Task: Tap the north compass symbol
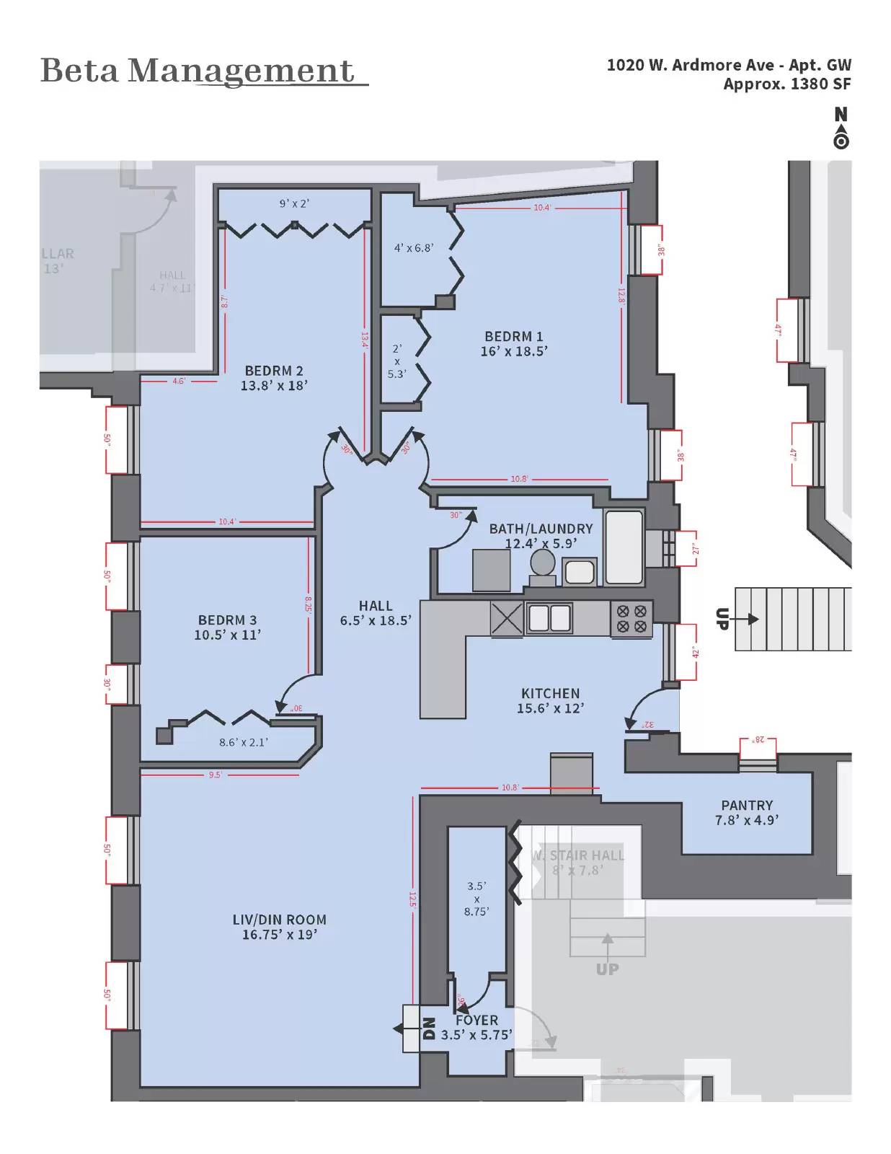pyautogui.click(x=841, y=129)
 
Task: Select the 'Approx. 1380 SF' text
pyautogui.click(x=786, y=84)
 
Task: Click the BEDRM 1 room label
pyautogui.click(x=513, y=336)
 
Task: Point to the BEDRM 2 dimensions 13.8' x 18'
pyautogui.click(x=274, y=386)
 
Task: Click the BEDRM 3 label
pyautogui.click(x=227, y=620)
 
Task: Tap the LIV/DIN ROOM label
pyautogui.click(x=279, y=920)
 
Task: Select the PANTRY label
pyautogui.click(x=746, y=805)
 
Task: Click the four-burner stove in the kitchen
pyautogui.click(x=631, y=620)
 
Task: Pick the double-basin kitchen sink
pyautogui.click(x=549, y=618)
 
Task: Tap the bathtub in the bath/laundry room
pyautogui.click(x=624, y=547)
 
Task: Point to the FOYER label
pyautogui.click(x=476, y=1020)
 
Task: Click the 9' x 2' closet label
pyautogui.click(x=294, y=204)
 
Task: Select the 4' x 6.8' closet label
pyautogui.click(x=414, y=247)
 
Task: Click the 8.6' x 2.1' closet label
pyautogui.click(x=244, y=741)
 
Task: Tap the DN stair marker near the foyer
pyautogui.click(x=428, y=1028)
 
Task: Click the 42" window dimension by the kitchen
pyautogui.click(x=695, y=653)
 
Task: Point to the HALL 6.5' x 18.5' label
pyautogui.click(x=376, y=612)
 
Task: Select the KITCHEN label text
pyautogui.click(x=550, y=693)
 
